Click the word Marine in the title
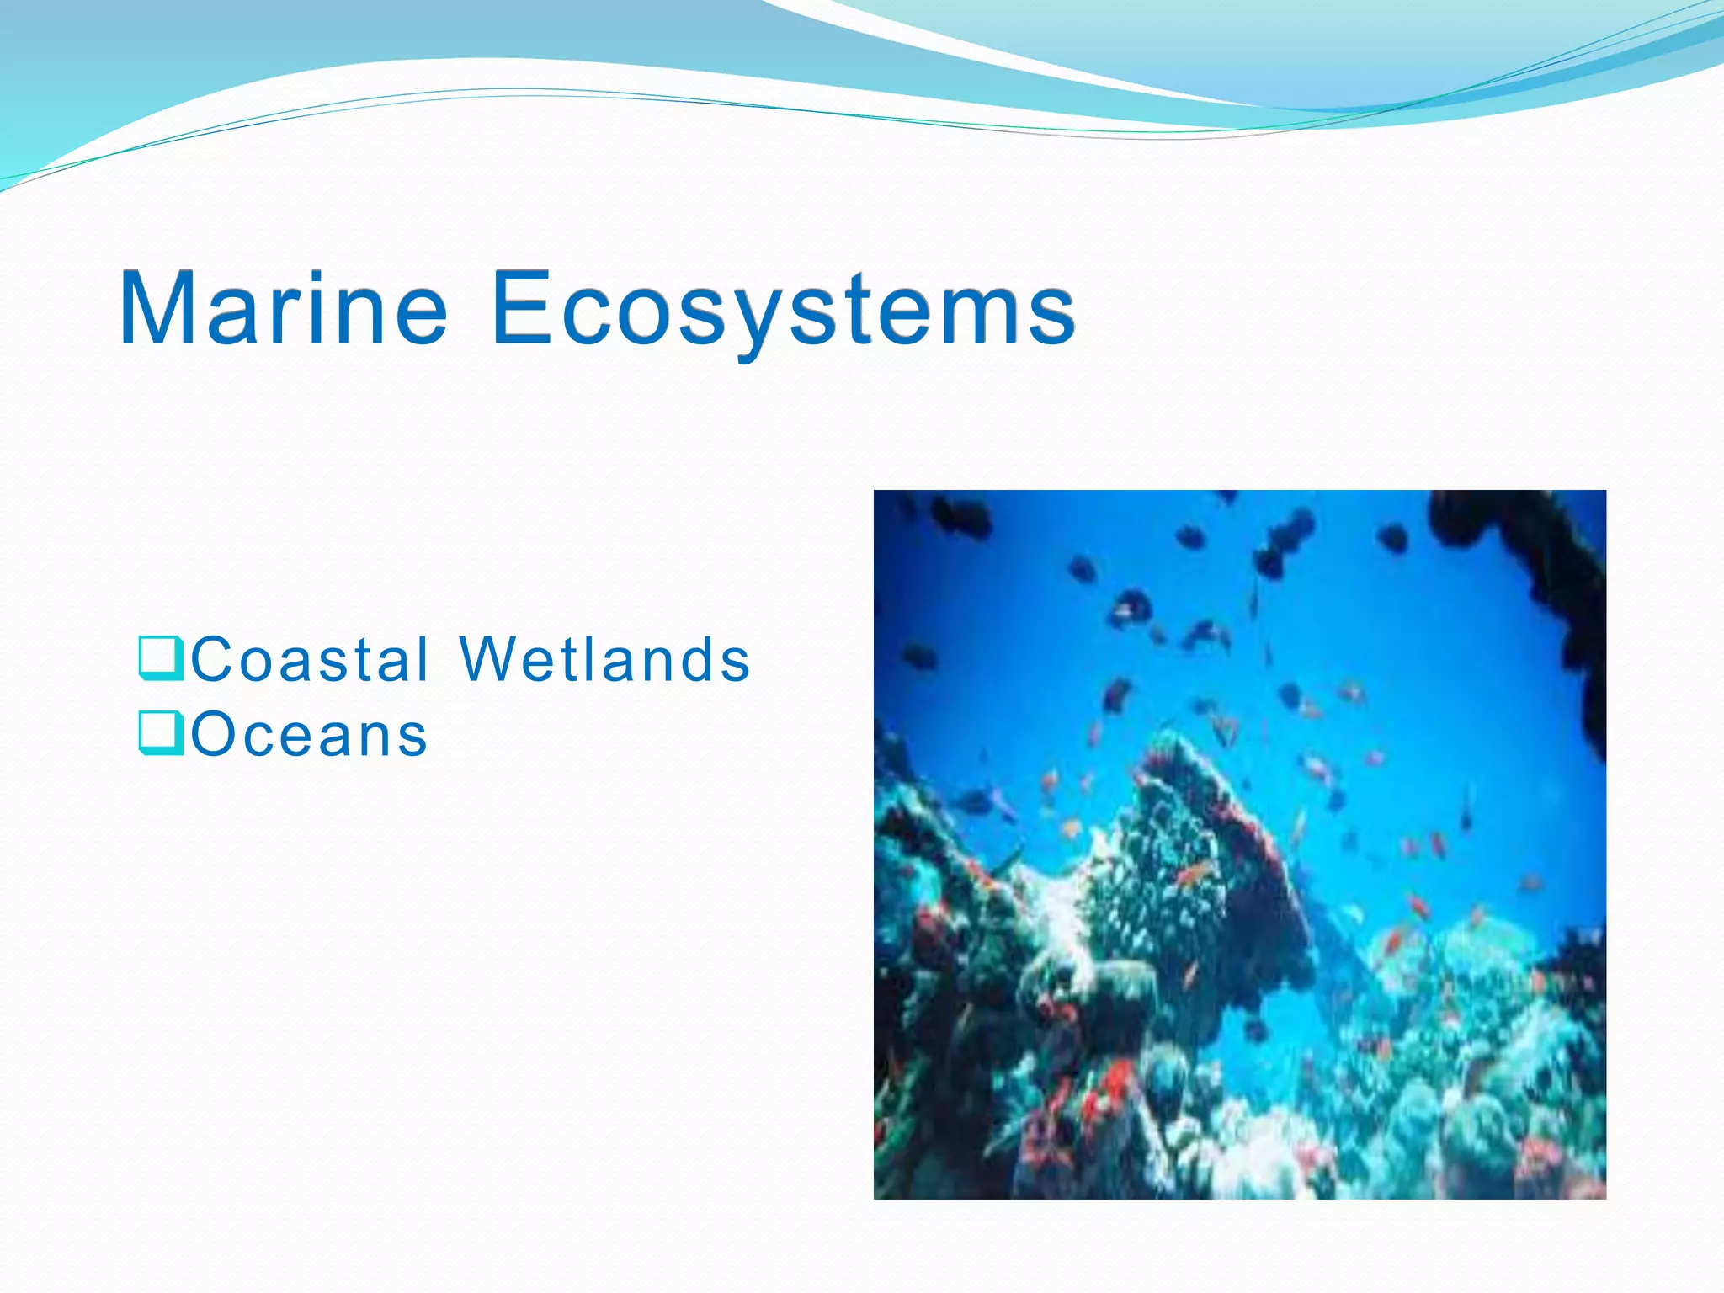click(x=284, y=308)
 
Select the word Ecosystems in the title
click(x=783, y=308)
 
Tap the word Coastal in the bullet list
click(x=311, y=659)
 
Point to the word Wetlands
click(x=604, y=659)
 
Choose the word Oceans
click(x=309, y=735)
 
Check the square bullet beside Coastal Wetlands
click(x=159, y=659)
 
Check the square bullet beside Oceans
click(x=159, y=734)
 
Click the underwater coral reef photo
click(x=1239, y=844)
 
